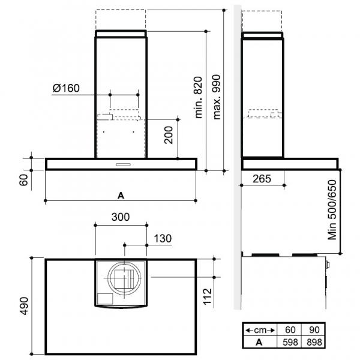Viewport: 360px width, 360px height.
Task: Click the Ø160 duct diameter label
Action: pos(66,88)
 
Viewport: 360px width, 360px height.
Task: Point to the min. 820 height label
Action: pos(198,97)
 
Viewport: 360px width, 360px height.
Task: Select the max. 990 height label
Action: pos(217,97)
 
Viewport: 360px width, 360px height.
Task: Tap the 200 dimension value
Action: pos(169,135)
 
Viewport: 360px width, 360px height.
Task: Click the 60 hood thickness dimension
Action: pos(23,180)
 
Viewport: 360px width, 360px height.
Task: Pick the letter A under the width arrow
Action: pos(121,196)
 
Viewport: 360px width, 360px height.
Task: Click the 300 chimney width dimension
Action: pos(121,217)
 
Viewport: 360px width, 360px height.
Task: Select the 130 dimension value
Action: pos(163,239)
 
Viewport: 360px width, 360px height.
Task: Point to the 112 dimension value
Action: pos(208,296)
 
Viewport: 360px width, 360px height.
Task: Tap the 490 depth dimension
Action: pos(24,306)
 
